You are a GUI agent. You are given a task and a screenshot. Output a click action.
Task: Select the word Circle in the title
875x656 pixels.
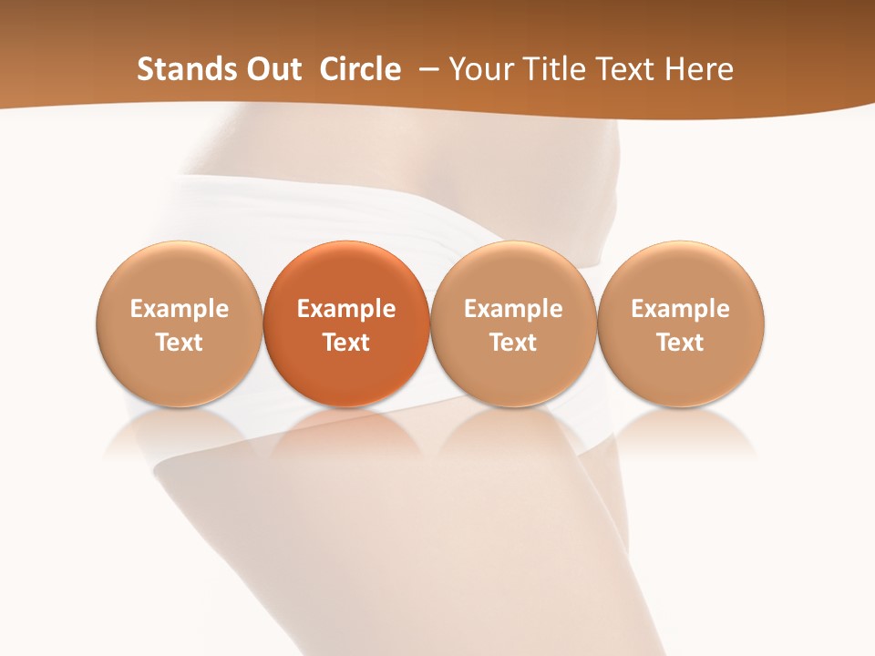(x=360, y=69)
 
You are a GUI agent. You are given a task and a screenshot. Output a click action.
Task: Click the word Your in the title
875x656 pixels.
(x=479, y=69)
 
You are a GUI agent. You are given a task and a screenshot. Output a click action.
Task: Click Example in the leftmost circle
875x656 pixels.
(x=180, y=309)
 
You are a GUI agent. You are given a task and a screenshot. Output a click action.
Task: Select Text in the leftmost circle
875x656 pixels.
(x=180, y=343)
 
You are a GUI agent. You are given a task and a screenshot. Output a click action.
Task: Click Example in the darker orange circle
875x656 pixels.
(x=346, y=309)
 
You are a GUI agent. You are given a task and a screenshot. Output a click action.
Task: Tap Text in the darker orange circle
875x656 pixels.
(x=346, y=343)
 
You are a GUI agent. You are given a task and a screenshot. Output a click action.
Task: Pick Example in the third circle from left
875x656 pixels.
(x=513, y=309)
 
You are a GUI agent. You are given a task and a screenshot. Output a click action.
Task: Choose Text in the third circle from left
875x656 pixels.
(x=513, y=343)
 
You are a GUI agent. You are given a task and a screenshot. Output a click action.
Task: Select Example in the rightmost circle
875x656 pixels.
(x=681, y=309)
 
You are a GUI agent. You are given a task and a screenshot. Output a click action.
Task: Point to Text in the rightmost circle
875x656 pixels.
(x=681, y=343)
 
